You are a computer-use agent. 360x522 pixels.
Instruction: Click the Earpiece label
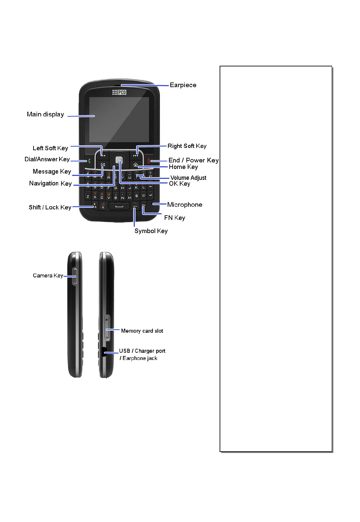click(x=183, y=85)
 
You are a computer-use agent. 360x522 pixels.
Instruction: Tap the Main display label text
click(x=45, y=114)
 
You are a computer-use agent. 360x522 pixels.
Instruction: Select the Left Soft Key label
click(x=50, y=148)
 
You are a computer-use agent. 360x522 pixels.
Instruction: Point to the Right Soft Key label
click(x=187, y=146)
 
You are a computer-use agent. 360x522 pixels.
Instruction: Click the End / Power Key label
click(x=193, y=160)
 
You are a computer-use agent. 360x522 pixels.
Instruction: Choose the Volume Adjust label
click(x=188, y=178)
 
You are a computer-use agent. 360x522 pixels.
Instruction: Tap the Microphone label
click(x=184, y=205)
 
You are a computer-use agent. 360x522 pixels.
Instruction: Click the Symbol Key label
click(x=151, y=231)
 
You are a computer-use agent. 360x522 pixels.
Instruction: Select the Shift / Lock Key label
click(x=50, y=207)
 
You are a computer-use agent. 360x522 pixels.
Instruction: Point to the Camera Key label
click(x=48, y=275)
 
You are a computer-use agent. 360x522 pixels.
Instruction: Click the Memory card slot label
click(x=142, y=331)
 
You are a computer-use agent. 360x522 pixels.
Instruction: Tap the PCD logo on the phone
click(x=119, y=92)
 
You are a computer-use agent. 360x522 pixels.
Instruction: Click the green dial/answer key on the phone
click(x=89, y=161)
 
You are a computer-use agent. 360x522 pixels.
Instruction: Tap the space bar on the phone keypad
click(x=119, y=206)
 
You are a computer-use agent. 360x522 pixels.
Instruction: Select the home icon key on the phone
click(x=135, y=165)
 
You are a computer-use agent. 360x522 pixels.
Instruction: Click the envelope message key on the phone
click(x=103, y=165)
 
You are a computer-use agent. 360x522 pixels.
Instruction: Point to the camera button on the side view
click(x=75, y=276)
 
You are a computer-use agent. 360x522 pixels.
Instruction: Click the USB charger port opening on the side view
click(x=104, y=352)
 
